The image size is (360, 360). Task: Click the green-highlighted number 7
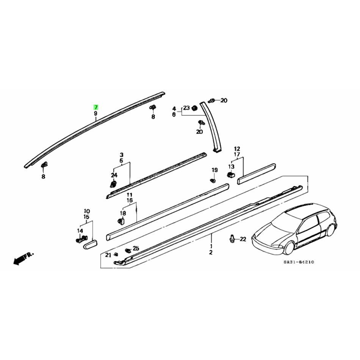[95, 107]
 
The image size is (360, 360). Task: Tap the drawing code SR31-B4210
[298, 262]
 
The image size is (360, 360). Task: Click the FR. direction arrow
[23, 259]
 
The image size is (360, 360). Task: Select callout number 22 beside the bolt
[242, 239]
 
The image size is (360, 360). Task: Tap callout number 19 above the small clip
[214, 170]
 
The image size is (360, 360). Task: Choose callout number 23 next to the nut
[186, 107]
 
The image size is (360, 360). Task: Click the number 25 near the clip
[136, 248]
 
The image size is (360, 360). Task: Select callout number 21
[108, 254]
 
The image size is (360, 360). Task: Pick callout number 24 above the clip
[114, 175]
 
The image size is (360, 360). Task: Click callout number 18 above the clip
[123, 213]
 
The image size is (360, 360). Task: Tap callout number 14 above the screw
[80, 231]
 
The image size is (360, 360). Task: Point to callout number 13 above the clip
[231, 166]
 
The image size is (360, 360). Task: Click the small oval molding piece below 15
[90, 244]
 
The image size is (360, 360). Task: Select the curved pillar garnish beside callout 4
[211, 127]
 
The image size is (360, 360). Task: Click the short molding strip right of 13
[256, 174]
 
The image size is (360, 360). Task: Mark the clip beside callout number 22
[232, 238]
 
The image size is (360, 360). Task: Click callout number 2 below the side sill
[211, 253]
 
